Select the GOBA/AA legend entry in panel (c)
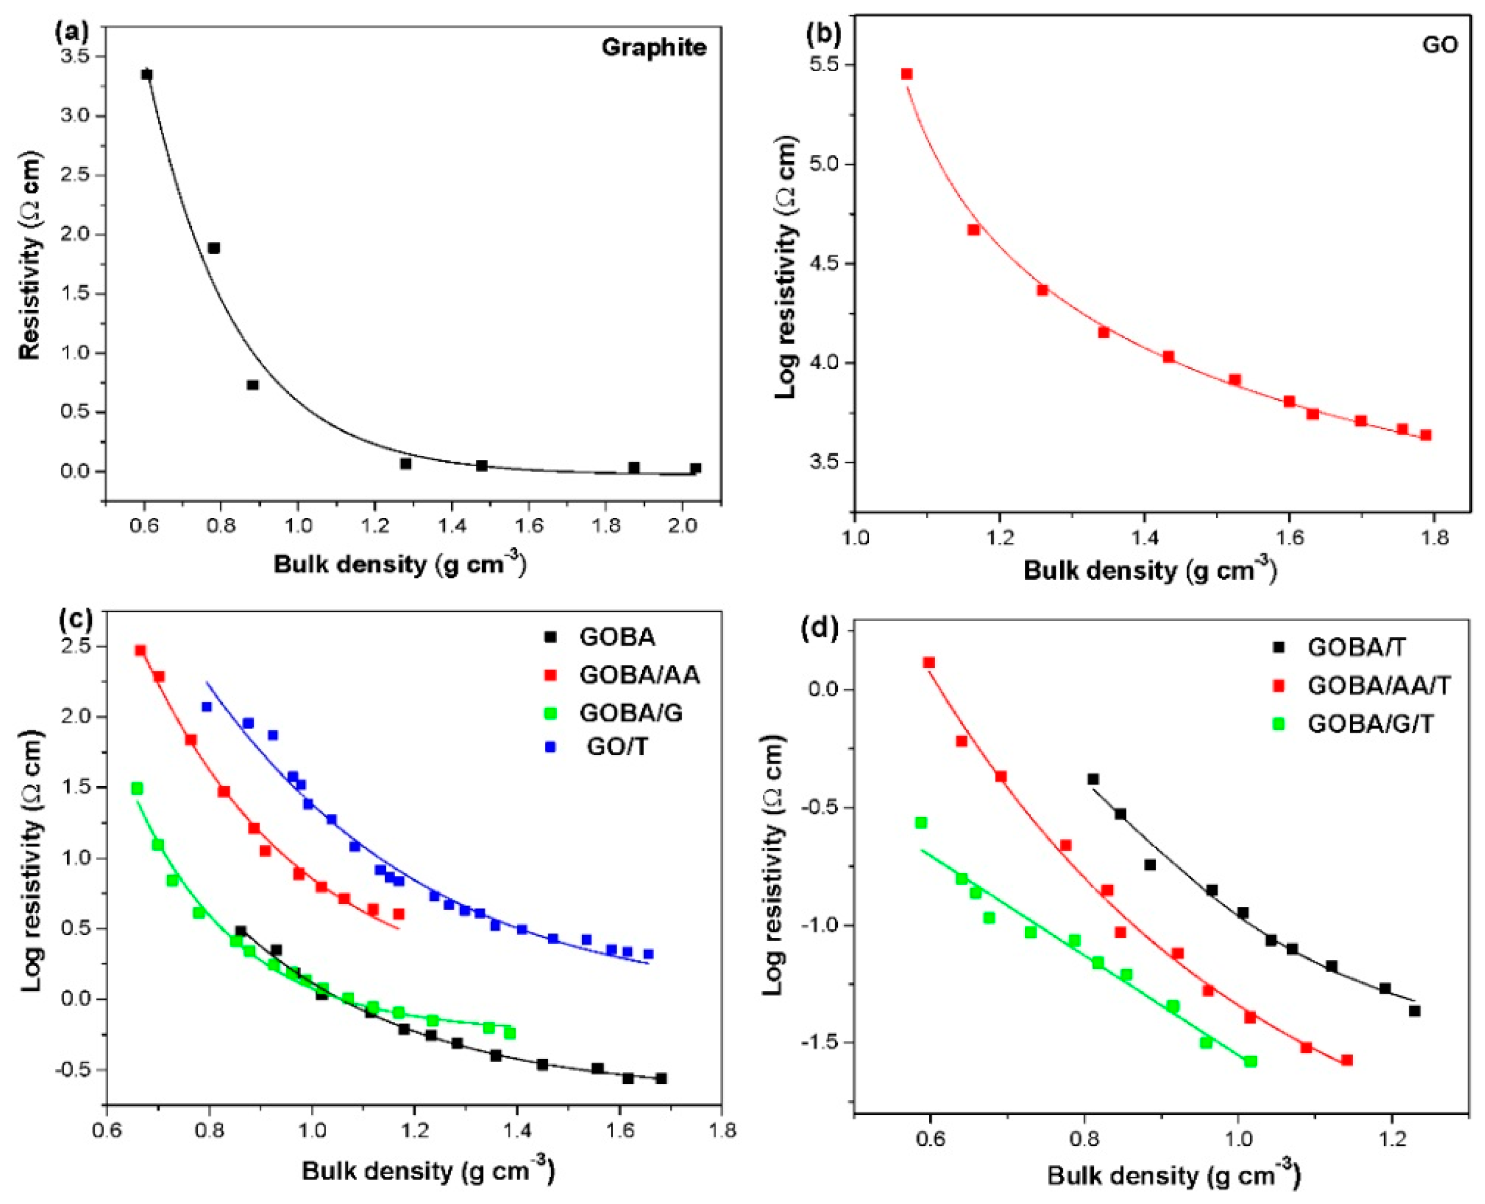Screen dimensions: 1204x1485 tap(639, 674)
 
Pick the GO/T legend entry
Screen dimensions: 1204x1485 tap(617, 747)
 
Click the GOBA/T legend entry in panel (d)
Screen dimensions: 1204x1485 tap(1356, 647)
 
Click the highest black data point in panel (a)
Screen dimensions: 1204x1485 tap(146, 74)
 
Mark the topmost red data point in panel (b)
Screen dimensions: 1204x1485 tap(906, 73)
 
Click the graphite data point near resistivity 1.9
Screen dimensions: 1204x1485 tap(214, 248)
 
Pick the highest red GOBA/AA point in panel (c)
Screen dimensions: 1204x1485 tap(140, 650)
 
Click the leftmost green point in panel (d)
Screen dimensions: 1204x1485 tap(921, 823)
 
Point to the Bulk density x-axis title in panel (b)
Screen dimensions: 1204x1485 tap(1149, 571)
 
